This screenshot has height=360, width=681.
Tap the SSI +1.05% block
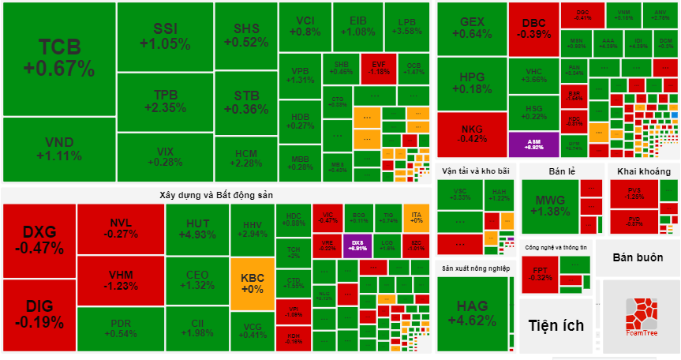point(165,36)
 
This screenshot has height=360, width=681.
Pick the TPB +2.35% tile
point(165,101)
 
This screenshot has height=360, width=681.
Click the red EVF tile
point(380,69)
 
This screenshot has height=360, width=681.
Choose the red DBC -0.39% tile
point(533,28)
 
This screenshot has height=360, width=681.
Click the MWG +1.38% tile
point(550,205)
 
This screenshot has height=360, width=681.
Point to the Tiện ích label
point(555,325)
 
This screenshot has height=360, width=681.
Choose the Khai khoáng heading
point(643,172)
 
